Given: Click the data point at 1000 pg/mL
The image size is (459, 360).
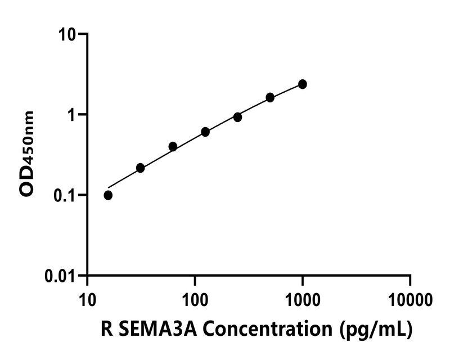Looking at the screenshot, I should point(303,84).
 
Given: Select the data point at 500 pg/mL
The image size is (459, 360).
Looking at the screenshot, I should point(270,97).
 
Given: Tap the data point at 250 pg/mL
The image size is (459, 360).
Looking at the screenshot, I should point(237,117).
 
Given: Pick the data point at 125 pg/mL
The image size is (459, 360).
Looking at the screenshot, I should point(205,132).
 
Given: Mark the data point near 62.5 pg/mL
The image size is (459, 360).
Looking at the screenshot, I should point(173,146).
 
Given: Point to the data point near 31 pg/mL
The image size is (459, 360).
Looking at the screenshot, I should point(141,168).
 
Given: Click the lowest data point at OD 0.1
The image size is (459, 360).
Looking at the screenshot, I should point(108,195).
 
